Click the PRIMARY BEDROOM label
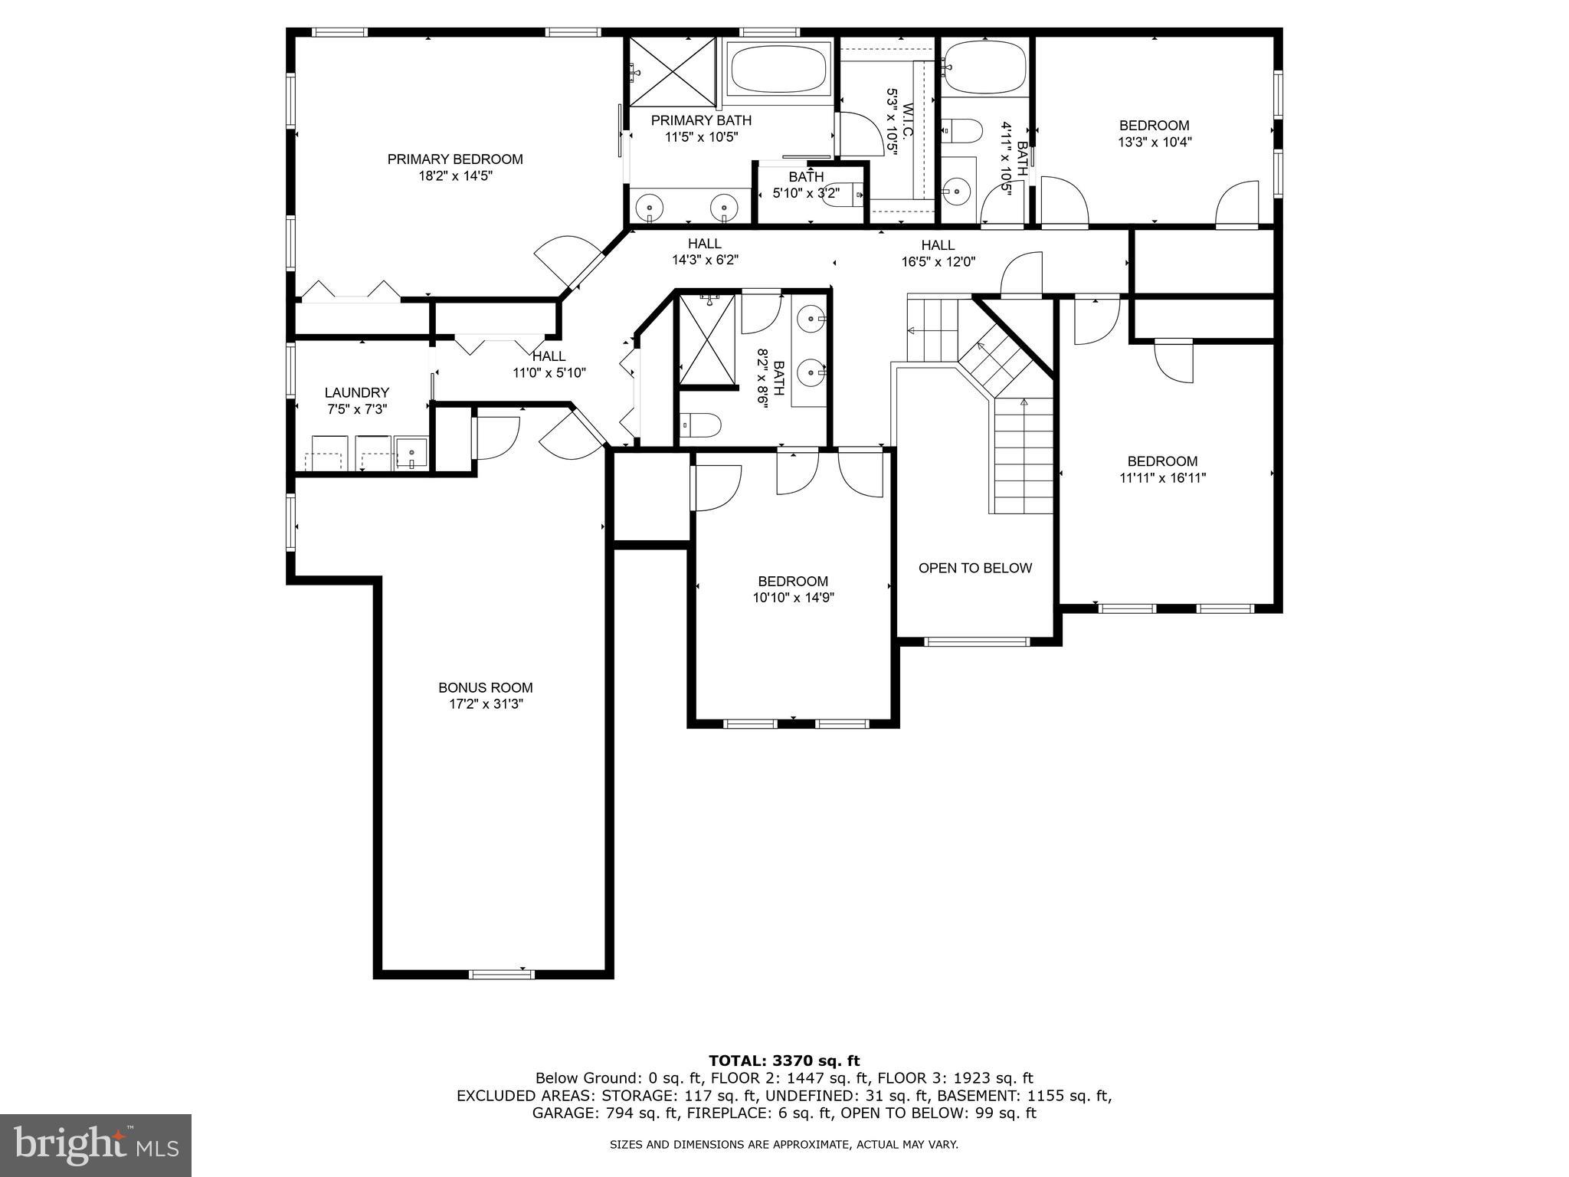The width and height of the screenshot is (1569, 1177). [454, 159]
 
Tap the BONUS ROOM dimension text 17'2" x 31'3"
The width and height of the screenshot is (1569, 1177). [486, 704]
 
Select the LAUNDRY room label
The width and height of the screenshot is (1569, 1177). [356, 393]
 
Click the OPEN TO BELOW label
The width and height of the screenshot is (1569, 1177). [974, 568]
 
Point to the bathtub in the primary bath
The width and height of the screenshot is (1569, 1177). [778, 69]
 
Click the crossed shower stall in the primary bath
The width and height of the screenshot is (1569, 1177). [672, 70]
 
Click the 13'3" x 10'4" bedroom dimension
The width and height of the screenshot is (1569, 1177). [1155, 142]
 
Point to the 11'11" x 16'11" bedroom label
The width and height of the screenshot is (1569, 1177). [1161, 461]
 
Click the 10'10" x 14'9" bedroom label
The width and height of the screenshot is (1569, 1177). [793, 582]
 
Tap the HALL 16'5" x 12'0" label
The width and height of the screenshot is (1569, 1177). [938, 245]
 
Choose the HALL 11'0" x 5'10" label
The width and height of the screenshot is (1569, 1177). [549, 356]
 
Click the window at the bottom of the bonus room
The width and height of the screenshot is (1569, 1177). [501, 974]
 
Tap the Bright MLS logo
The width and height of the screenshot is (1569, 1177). [95, 1145]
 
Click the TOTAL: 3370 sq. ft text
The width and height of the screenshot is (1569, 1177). [784, 1061]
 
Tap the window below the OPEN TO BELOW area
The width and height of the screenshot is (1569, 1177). [977, 641]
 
